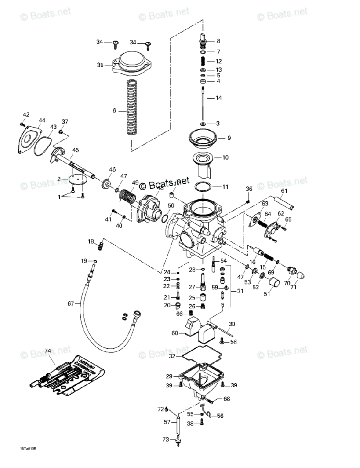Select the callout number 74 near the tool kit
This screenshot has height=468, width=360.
click(48, 351)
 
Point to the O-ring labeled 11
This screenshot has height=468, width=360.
click(203, 187)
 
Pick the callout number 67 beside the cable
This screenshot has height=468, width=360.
click(71, 303)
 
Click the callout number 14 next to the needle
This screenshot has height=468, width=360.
click(218, 98)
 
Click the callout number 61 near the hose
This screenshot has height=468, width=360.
click(284, 191)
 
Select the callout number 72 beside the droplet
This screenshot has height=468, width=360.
click(160, 409)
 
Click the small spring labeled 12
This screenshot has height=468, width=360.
click(203, 62)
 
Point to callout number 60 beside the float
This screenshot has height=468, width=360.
click(175, 333)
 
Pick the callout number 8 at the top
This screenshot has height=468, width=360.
click(218, 41)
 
